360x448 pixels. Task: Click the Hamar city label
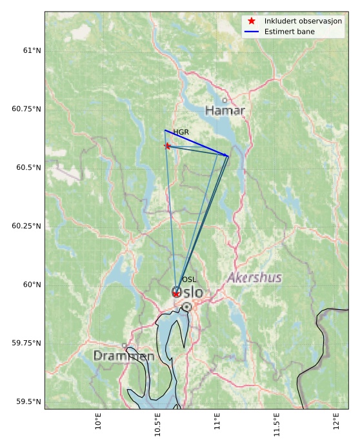click(x=225, y=110)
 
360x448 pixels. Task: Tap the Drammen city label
click(x=123, y=356)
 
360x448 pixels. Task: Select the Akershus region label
click(x=254, y=278)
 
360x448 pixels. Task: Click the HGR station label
click(x=181, y=132)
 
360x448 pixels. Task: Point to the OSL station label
click(x=188, y=280)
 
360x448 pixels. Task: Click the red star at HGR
click(x=168, y=146)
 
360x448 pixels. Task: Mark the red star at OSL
click(x=176, y=294)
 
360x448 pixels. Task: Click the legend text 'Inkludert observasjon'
click(x=303, y=21)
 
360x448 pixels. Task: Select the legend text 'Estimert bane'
click(x=287, y=31)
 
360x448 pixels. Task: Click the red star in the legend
click(x=252, y=21)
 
